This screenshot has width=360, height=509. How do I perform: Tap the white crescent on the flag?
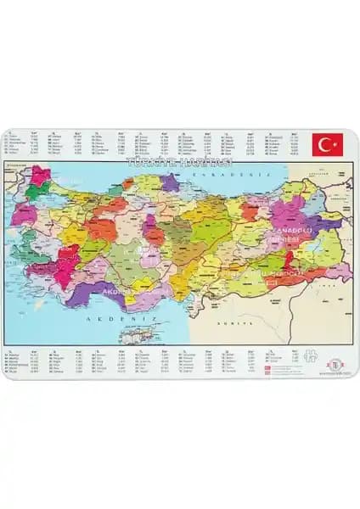tap(323, 144)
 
